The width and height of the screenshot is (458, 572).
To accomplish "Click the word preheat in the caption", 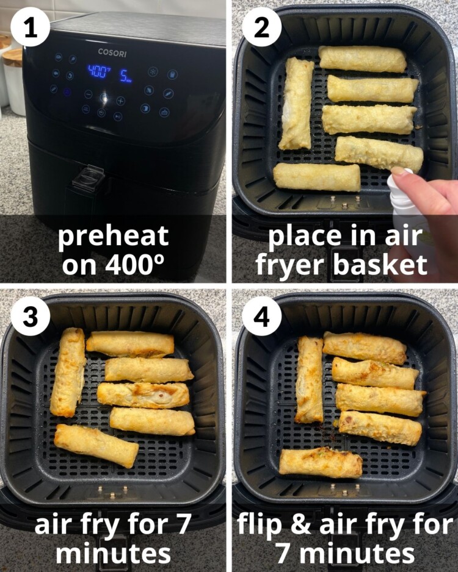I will [x=113, y=235].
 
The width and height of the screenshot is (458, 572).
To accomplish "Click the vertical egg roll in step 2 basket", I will [x=296, y=104].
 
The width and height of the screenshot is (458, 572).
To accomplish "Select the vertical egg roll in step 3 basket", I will [x=68, y=372].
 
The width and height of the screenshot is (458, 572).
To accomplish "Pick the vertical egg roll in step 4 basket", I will [x=310, y=379].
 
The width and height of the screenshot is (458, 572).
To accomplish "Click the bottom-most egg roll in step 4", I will [x=321, y=463].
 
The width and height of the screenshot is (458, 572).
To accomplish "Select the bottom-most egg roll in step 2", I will [x=317, y=177].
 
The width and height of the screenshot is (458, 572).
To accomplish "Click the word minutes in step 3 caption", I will [x=113, y=554].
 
